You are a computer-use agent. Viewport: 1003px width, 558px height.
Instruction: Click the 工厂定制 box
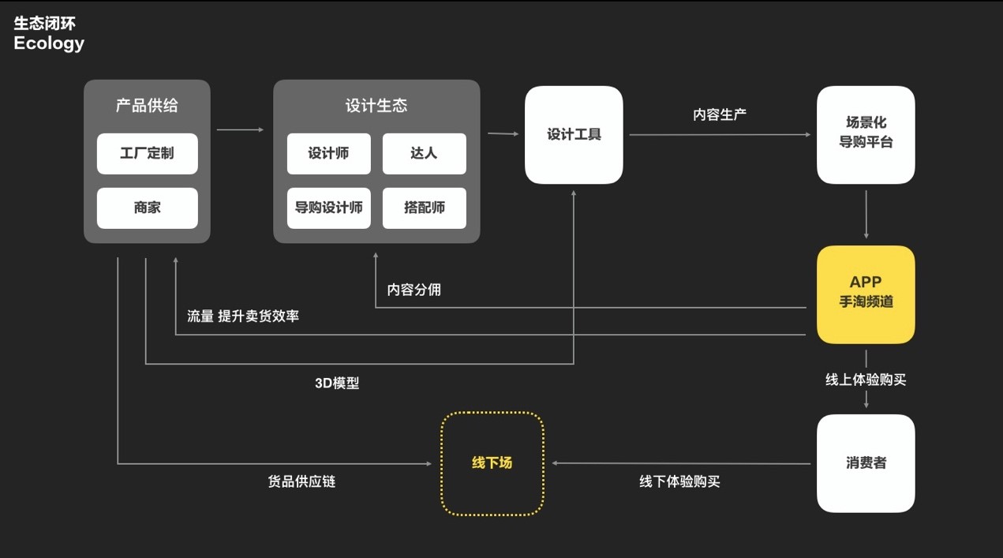[148, 154]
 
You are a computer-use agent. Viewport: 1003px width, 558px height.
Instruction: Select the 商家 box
[148, 208]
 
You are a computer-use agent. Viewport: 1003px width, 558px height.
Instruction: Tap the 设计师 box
[328, 154]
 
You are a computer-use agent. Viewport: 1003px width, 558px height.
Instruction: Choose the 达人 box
[424, 154]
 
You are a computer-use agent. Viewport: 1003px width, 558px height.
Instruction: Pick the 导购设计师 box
[328, 208]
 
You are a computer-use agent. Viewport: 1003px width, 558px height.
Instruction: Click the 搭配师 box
[424, 208]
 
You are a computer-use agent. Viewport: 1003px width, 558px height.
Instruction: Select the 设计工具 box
[574, 135]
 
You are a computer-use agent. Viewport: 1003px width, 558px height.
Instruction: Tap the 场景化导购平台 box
[866, 135]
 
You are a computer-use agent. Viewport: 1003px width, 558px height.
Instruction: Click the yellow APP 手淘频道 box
[866, 294]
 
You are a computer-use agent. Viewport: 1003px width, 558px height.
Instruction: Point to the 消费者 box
[866, 463]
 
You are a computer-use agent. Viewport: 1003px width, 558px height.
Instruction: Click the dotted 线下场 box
[492, 463]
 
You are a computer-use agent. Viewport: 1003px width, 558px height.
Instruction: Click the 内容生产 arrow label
[720, 114]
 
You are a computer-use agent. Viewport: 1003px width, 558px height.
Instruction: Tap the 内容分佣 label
[414, 290]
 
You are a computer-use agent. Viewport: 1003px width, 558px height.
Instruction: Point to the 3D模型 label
[337, 384]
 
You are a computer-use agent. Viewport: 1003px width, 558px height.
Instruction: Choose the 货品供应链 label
[301, 482]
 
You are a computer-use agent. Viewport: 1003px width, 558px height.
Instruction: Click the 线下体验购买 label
[679, 482]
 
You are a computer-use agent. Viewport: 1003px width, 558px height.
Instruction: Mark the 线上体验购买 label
[866, 380]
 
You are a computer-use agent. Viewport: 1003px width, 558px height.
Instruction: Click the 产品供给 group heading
[147, 106]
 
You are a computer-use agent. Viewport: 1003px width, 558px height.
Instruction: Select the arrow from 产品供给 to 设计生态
[241, 130]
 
